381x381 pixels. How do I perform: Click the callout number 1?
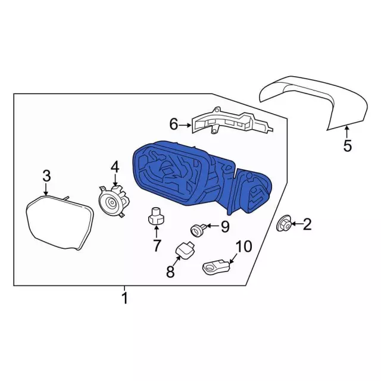tap(124, 298)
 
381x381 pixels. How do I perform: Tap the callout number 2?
tap(307, 224)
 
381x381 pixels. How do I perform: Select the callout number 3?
tap(46, 176)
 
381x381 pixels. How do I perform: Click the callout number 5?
tap(347, 146)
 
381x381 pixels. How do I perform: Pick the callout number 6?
tap(174, 124)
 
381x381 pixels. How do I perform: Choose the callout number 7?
tap(157, 245)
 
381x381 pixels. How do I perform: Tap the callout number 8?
tap(170, 271)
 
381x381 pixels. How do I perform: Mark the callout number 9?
tap(225, 227)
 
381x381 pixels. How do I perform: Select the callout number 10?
tap(244, 246)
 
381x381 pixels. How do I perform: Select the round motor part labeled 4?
tap(114, 201)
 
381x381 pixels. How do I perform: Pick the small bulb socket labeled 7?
tap(156, 216)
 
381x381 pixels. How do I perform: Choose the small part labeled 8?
tap(185, 251)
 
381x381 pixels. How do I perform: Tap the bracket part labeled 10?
tap(216, 267)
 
